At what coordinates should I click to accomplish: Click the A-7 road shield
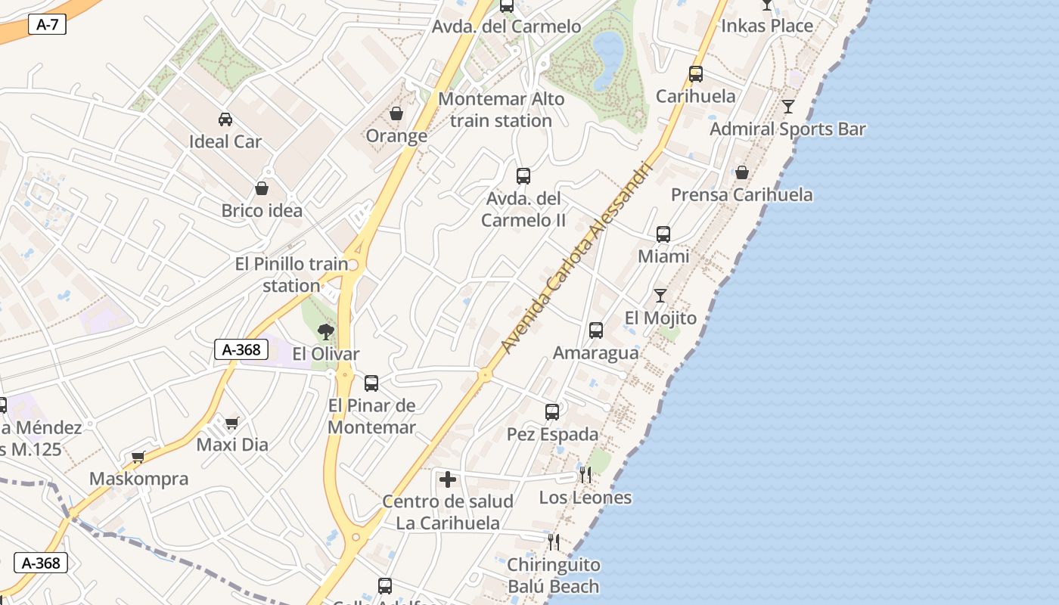47,25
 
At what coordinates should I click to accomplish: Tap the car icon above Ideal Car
225,119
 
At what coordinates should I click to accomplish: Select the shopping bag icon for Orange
396,114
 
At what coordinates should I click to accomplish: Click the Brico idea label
262,210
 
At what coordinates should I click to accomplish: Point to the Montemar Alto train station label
501,110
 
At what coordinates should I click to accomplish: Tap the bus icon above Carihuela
696,74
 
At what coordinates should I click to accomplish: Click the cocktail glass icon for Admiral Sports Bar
788,107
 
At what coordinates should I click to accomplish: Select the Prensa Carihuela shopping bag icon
742,173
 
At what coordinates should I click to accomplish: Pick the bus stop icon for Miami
663,234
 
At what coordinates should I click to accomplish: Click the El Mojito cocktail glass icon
660,296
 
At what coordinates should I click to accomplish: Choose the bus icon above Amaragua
596,330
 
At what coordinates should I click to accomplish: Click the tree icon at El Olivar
326,331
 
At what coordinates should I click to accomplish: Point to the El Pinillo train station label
291,275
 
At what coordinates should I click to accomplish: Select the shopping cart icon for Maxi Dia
232,423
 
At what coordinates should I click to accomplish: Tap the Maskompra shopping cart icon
138,457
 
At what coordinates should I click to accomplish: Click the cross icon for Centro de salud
448,479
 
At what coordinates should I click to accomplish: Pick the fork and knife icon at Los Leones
585,475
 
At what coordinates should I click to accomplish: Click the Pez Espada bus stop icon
552,412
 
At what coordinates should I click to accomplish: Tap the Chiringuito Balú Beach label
553,576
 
